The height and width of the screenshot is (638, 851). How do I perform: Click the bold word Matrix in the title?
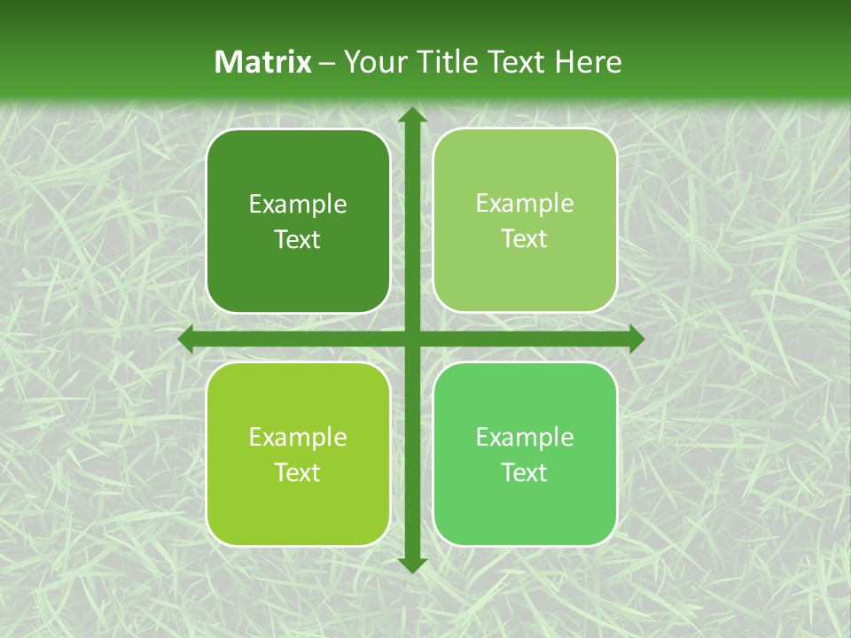[x=263, y=62]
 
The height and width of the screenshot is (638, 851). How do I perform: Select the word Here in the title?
[x=589, y=62]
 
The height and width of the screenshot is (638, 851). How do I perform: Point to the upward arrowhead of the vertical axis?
[x=411, y=116]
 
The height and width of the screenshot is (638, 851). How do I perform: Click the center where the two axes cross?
[x=411, y=339]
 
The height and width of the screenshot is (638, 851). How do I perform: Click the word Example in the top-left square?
[x=298, y=205]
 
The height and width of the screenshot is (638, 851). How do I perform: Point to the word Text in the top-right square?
[x=525, y=239]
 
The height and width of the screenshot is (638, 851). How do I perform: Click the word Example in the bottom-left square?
[x=298, y=438]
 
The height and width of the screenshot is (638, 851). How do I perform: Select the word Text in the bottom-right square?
[x=525, y=472]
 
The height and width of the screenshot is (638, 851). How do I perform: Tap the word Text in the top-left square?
[x=298, y=240]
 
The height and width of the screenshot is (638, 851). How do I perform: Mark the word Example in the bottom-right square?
[x=525, y=438]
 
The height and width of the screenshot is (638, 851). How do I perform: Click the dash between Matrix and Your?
[x=327, y=63]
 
